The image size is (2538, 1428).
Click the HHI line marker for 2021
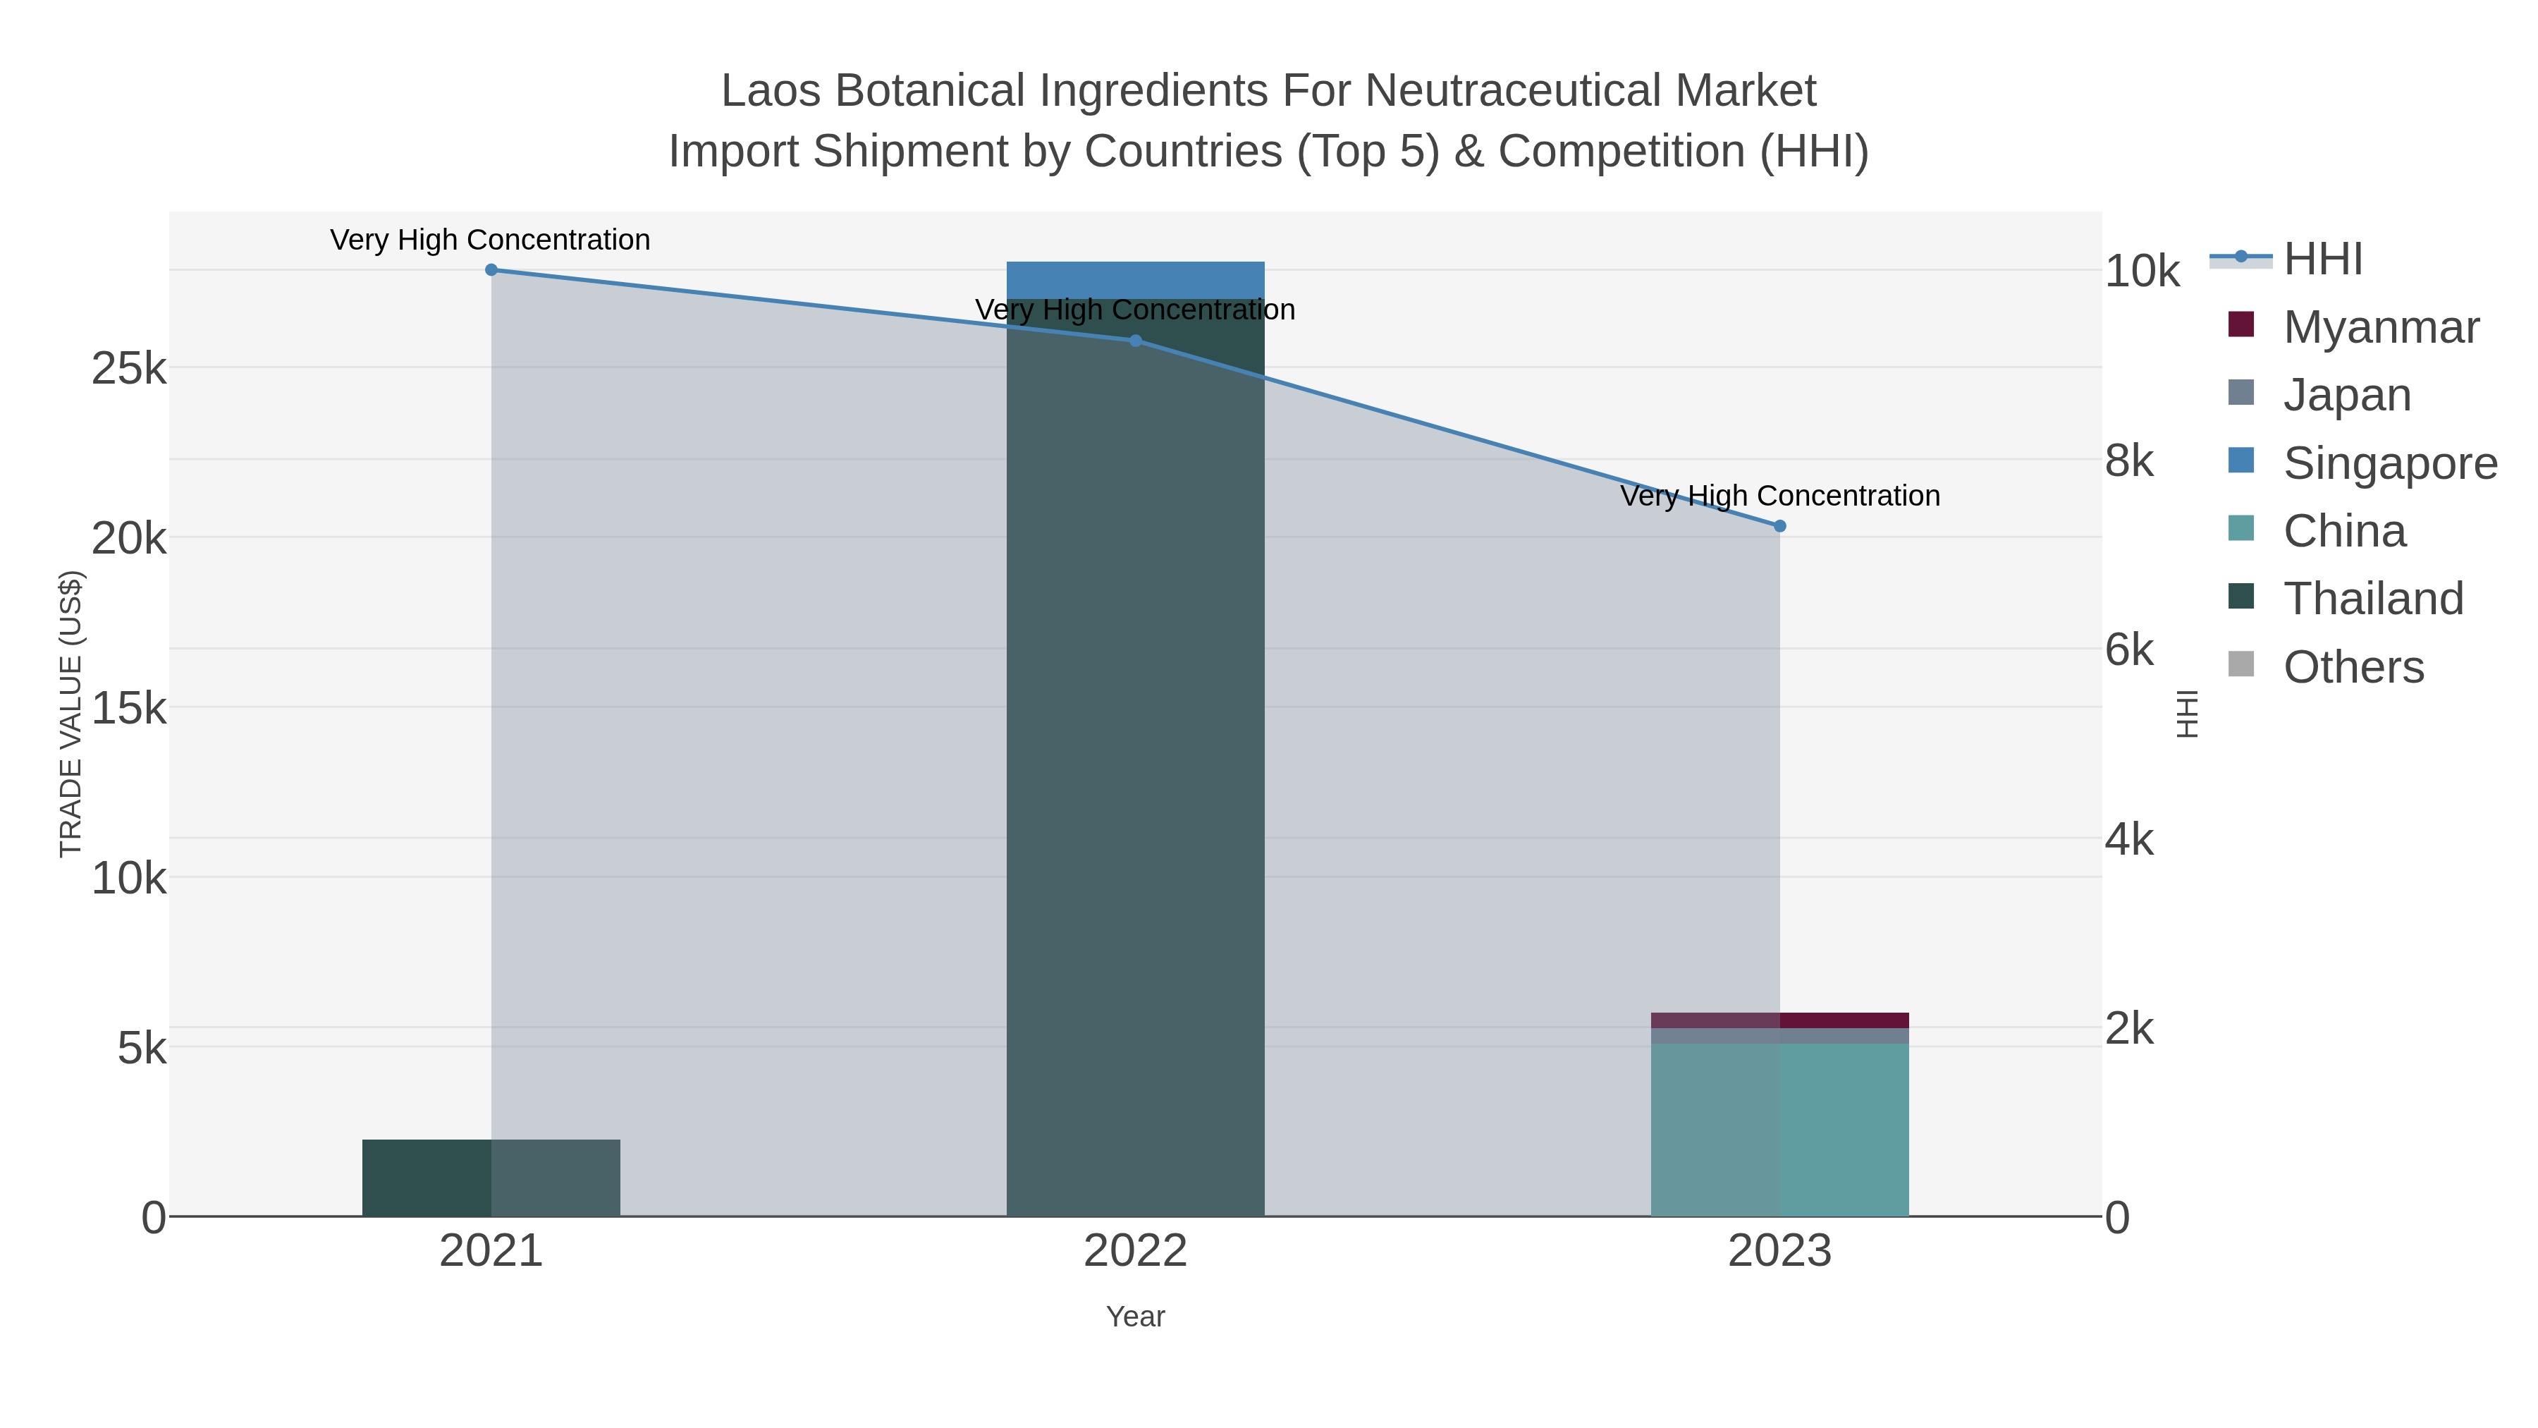click(491, 270)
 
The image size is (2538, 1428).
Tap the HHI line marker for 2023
click(1779, 526)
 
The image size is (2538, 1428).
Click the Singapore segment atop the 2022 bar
click(1135, 280)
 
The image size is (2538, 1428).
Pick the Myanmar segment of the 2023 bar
click(1779, 1020)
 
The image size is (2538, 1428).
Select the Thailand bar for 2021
click(491, 1178)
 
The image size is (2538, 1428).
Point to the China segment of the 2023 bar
click(1779, 1130)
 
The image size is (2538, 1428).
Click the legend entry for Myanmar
click(2354, 327)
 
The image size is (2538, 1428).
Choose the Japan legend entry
click(2319, 395)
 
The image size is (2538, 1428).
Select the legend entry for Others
click(2325, 667)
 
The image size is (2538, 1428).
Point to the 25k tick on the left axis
click(129, 370)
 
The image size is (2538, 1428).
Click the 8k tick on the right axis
click(2130, 461)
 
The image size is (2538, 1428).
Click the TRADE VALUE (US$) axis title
click(71, 714)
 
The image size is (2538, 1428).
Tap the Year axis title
click(1135, 1317)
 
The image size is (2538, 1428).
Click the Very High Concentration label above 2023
click(1780, 496)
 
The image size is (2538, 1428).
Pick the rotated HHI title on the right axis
click(2187, 714)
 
